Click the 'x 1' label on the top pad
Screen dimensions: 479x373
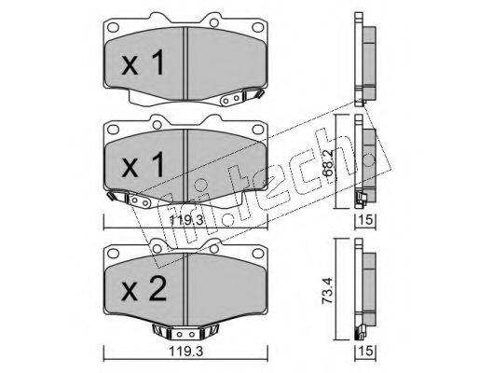[143, 63]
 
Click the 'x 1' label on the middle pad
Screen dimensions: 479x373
[143, 166]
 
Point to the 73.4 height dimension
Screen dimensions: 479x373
[328, 290]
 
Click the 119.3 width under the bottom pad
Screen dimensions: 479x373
[185, 352]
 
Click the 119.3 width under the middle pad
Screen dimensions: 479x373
[185, 220]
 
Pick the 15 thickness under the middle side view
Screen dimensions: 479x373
[365, 220]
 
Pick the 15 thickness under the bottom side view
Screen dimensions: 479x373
[365, 351]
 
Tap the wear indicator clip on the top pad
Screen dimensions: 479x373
[241, 96]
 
